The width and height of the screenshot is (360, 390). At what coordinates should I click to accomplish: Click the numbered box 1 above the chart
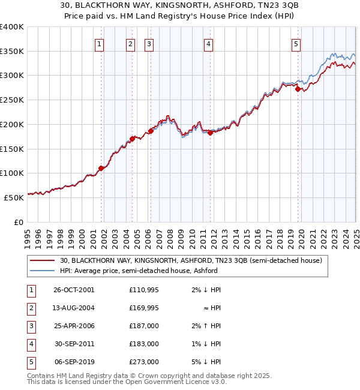[99, 43]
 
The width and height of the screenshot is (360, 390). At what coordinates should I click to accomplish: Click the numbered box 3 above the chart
[149, 43]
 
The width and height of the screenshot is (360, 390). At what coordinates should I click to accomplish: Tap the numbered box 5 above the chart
[296, 43]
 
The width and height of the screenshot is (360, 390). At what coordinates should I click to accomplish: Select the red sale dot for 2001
[101, 168]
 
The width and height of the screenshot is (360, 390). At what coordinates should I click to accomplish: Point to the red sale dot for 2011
[211, 133]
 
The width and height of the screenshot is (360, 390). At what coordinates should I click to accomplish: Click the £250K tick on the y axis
[12, 100]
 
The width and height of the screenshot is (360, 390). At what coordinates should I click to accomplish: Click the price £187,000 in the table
[144, 326]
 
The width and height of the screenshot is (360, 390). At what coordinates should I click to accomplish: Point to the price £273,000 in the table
[144, 362]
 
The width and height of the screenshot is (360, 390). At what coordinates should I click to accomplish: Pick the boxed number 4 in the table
[30, 344]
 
